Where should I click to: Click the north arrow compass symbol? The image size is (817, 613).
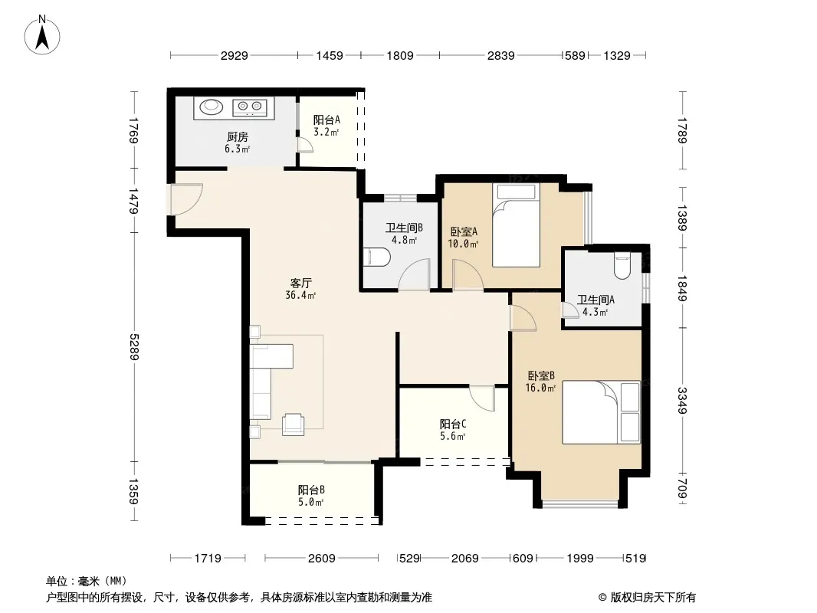pos(42,35)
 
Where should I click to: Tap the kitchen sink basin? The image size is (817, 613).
pos(212,107)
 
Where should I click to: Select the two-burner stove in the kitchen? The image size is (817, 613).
pos(249,107)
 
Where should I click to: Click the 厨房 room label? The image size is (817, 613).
pos(238,137)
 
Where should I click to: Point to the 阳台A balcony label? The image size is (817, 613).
pos(326,120)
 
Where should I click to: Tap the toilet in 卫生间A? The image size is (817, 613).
pos(622,265)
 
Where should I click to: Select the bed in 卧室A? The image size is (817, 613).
pos(516,225)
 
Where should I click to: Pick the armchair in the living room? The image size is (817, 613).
pos(293,424)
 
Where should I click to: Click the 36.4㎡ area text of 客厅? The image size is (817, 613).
pos(300,295)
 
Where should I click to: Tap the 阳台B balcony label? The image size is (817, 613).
pos(312,490)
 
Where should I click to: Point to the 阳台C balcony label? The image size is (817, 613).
pos(453,424)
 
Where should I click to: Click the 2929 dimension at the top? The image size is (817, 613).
pos(234,55)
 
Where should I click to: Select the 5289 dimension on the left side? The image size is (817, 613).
pos(134,346)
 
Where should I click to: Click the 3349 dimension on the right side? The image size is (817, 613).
pos(682,400)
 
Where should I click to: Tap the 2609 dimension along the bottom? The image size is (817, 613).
pos(321,559)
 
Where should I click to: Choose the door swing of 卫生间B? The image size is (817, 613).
pos(414,274)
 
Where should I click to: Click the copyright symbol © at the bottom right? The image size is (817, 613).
pos(603,598)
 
